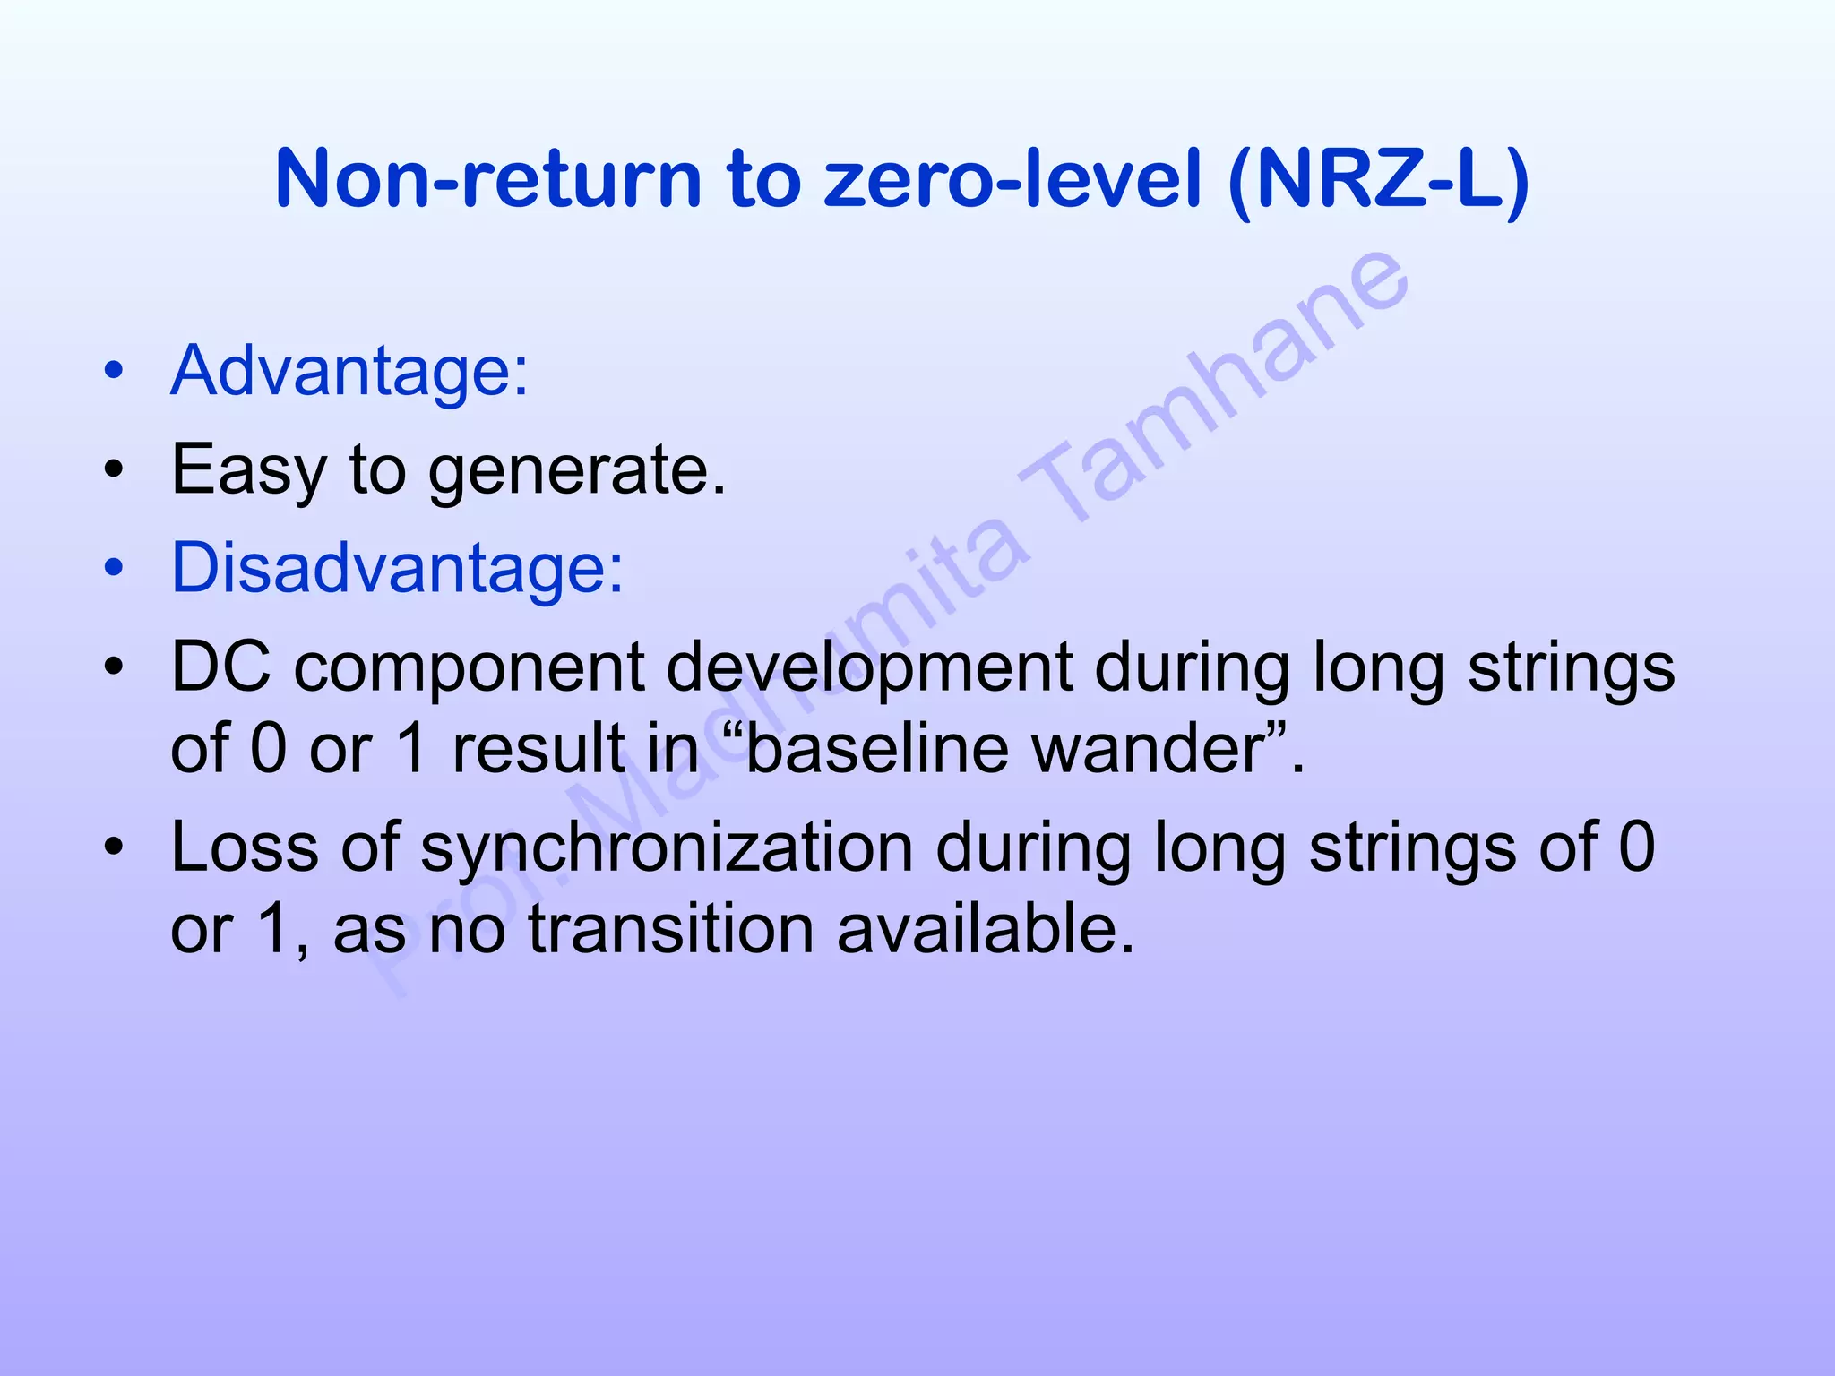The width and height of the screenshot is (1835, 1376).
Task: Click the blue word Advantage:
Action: click(x=349, y=371)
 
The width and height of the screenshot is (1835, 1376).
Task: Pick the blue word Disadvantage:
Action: click(x=397, y=568)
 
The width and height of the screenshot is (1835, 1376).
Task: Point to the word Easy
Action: click(x=248, y=470)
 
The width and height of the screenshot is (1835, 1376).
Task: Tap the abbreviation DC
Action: click(x=220, y=667)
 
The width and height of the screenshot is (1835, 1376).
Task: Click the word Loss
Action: click(x=243, y=847)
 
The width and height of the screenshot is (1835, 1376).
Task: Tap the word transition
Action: click(x=672, y=928)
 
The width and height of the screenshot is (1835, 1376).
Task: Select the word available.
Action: click(x=985, y=928)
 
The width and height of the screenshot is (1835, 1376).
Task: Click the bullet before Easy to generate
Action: click(x=113, y=469)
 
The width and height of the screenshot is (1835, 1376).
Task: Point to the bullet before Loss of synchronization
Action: click(x=113, y=847)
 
